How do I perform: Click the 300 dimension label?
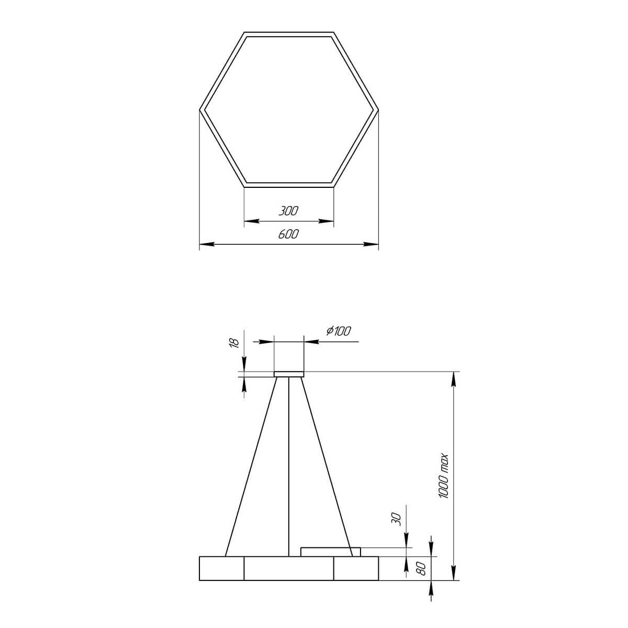[x=288, y=211]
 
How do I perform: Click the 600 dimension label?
[x=288, y=234]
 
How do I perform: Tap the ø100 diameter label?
[x=339, y=331]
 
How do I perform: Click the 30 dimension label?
[x=396, y=519]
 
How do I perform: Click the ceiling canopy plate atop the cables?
[x=289, y=374]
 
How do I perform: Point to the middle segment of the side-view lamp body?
[x=289, y=568]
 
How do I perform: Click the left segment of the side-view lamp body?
[x=222, y=568]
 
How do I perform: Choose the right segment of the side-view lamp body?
[x=356, y=568]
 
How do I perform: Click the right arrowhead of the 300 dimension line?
[x=330, y=221]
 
